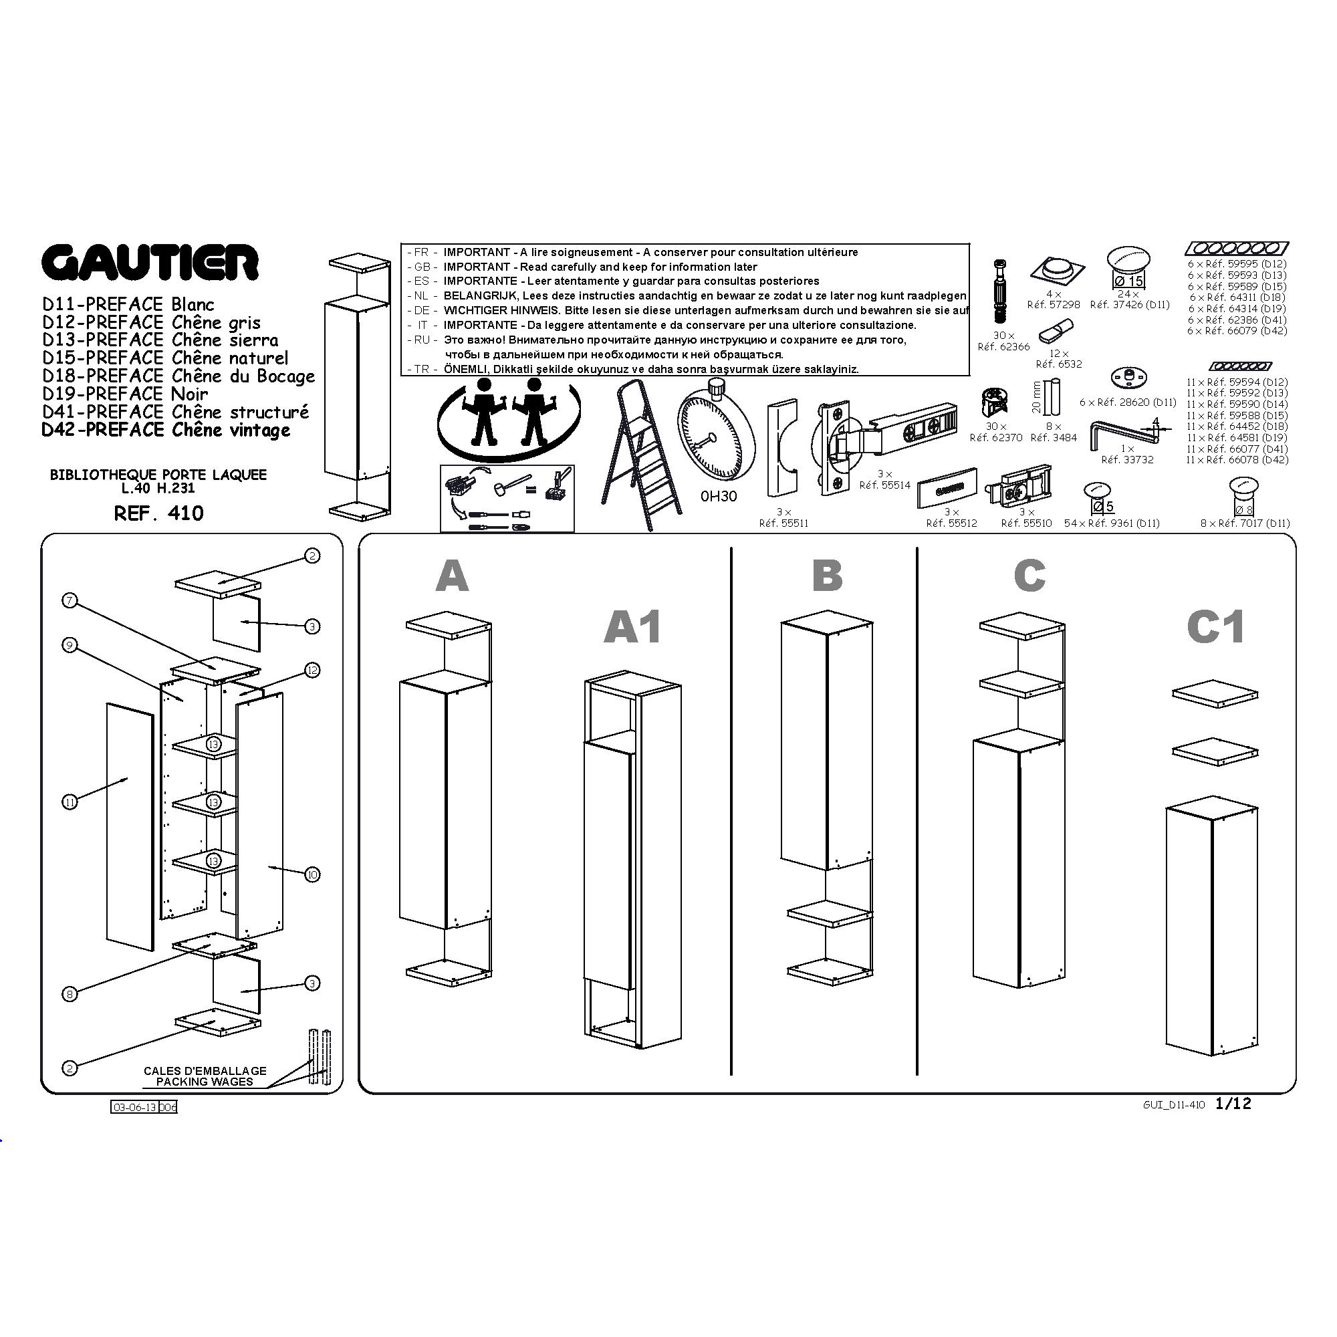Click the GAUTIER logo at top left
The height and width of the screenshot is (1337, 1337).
click(x=150, y=262)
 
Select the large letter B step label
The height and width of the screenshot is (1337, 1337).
click(x=827, y=575)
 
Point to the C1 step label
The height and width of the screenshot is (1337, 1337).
click(x=1215, y=627)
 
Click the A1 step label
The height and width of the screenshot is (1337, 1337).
click(x=632, y=627)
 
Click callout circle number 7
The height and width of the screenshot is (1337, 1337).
click(x=70, y=601)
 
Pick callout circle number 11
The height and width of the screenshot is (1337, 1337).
click(x=70, y=802)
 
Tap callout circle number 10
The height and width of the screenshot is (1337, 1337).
click(x=312, y=874)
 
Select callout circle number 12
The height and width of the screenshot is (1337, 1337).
click(x=312, y=670)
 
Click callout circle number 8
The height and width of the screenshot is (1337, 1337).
click(x=70, y=995)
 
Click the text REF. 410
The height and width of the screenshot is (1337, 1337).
click(x=158, y=513)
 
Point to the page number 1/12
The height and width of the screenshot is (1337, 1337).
click(x=1233, y=1103)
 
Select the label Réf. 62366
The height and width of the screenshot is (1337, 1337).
click(x=1003, y=347)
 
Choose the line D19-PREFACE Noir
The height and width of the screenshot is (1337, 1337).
click(x=125, y=394)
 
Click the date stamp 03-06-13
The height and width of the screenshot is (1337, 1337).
click(x=134, y=1107)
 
